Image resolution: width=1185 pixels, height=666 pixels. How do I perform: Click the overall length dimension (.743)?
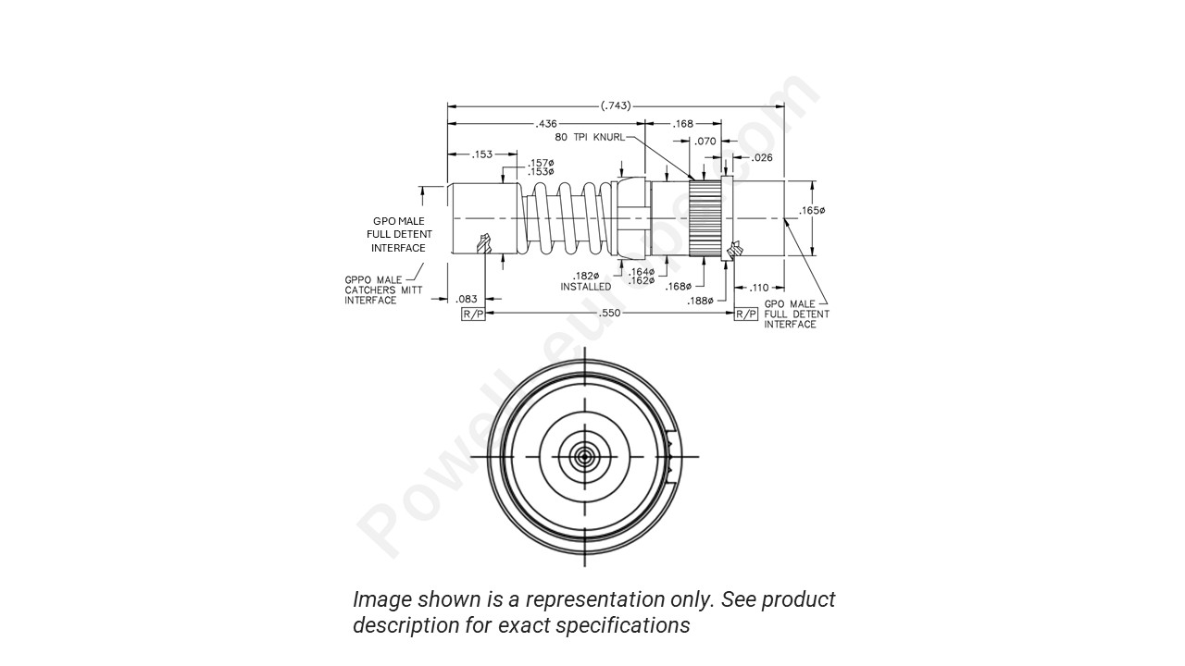[x=616, y=105]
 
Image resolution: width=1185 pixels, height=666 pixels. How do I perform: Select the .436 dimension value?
[x=546, y=124]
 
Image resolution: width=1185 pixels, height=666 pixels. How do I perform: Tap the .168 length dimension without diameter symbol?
[x=683, y=124]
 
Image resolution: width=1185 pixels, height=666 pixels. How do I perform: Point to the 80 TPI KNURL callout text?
[x=590, y=137]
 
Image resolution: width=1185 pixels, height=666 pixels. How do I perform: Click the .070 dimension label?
[x=705, y=142]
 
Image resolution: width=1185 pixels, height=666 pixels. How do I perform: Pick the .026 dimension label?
[x=761, y=158]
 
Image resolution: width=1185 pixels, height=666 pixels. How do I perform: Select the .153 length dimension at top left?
[x=481, y=154]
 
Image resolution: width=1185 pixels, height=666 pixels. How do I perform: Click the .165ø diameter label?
[x=812, y=211]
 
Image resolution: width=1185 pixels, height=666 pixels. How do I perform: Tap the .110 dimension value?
[x=759, y=288]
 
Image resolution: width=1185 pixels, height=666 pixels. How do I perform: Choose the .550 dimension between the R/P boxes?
[x=610, y=314]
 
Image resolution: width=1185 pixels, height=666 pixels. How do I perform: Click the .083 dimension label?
[x=467, y=299]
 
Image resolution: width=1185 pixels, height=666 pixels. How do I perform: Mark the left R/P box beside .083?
[x=473, y=314]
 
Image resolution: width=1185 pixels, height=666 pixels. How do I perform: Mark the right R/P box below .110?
[x=746, y=314]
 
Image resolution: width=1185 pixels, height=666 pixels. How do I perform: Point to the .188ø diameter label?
[x=700, y=301]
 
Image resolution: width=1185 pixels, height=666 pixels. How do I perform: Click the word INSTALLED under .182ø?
[x=585, y=287]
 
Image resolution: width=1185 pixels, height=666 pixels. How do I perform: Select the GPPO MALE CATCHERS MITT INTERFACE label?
[x=373, y=290]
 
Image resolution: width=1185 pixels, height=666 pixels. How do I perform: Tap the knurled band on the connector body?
[x=705, y=219]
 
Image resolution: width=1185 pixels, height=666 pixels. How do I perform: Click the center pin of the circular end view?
[x=584, y=456]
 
